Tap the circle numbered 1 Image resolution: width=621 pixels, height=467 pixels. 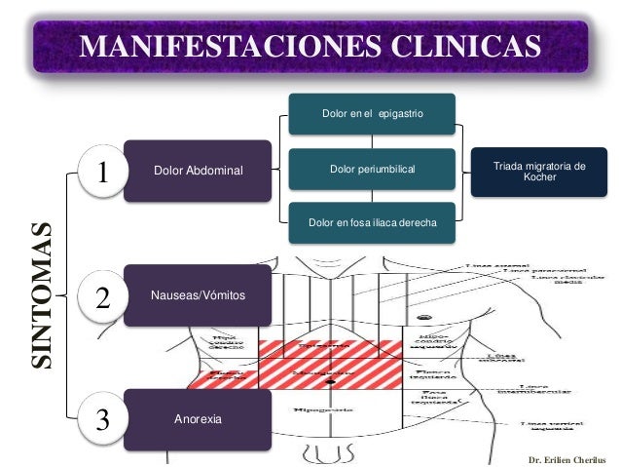point(103,173)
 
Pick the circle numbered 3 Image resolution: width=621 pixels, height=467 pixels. point(103,419)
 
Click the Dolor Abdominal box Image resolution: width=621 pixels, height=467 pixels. point(199,171)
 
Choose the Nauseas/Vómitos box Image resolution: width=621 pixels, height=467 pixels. point(199,294)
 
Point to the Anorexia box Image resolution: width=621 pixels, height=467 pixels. point(199,419)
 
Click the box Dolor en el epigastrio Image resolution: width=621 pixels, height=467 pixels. point(372,114)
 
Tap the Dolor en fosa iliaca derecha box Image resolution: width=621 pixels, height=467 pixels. point(372,223)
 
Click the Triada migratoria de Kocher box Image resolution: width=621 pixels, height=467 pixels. point(539,172)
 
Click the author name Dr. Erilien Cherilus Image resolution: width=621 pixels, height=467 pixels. point(566,457)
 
